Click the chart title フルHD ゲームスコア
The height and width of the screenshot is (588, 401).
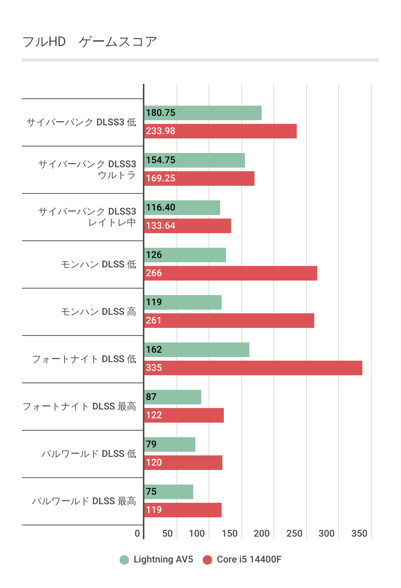click(x=90, y=42)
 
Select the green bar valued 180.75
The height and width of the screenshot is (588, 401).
click(x=203, y=113)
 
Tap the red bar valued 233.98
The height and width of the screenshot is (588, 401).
click(x=221, y=131)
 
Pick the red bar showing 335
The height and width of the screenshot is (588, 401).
click(x=253, y=368)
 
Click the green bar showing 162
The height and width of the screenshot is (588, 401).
click(x=197, y=350)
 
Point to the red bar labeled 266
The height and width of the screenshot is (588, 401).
click(x=231, y=273)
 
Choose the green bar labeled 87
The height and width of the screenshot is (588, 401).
click(x=173, y=397)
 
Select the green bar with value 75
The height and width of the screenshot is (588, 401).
click(x=169, y=492)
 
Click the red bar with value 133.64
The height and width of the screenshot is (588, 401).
click(x=188, y=226)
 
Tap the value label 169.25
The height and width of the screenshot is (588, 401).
click(x=161, y=179)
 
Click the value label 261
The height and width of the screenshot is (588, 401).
click(x=153, y=321)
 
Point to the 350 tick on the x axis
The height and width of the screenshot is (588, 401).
click(x=359, y=534)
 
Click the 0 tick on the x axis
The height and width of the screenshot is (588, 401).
click(x=137, y=534)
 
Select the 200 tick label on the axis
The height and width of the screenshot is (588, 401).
click(x=261, y=534)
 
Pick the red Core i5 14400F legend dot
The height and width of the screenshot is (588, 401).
click(x=207, y=560)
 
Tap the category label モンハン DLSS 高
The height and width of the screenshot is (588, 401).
click(x=98, y=312)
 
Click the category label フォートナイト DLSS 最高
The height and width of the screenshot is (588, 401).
click(x=79, y=407)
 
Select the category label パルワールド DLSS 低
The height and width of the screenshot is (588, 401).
click(x=89, y=454)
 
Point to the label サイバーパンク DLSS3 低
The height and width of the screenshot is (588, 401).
click(x=81, y=122)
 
